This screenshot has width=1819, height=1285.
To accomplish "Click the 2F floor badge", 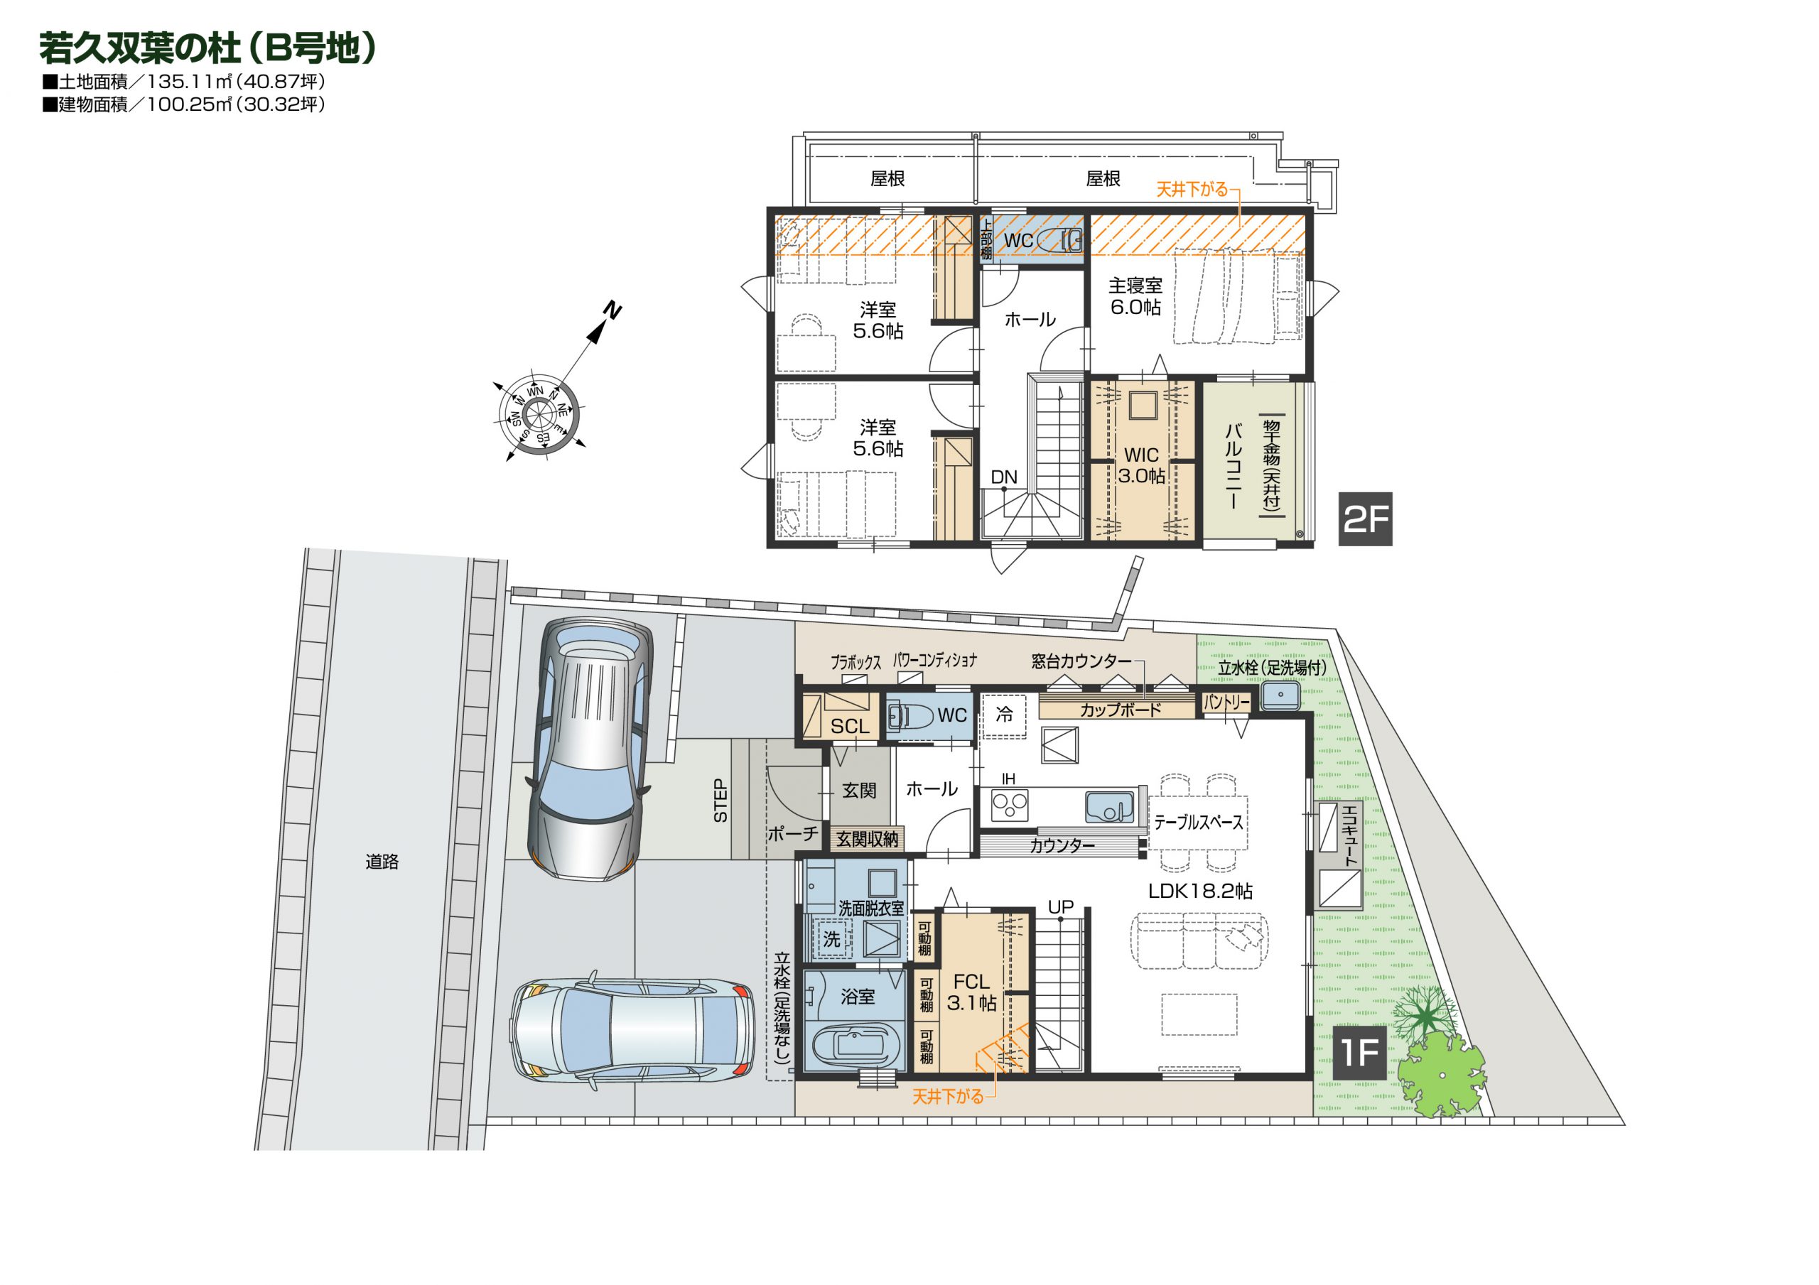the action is click(x=1365, y=519).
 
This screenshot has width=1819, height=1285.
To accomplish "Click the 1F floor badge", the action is click(x=1359, y=1053).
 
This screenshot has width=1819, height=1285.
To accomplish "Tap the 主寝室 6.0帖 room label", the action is click(x=1135, y=296).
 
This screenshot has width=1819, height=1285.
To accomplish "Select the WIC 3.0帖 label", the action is click(x=1142, y=465).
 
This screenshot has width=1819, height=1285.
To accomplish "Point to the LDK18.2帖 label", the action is click(x=1200, y=891).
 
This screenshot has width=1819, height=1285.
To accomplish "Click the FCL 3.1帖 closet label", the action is click(x=971, y=992).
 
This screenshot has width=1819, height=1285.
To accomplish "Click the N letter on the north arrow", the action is click(x=612, y=309).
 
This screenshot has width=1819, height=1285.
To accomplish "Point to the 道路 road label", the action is click(x=382, y=861).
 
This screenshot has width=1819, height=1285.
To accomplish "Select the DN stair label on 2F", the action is click(x=1004, y=477).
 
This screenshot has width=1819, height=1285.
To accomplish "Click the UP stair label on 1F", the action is click(x=1061, y=907).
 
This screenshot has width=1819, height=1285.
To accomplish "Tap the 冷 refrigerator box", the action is click(x=1004, y=715).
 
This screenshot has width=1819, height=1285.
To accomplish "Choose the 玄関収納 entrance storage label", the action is click(x=868, y=839).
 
